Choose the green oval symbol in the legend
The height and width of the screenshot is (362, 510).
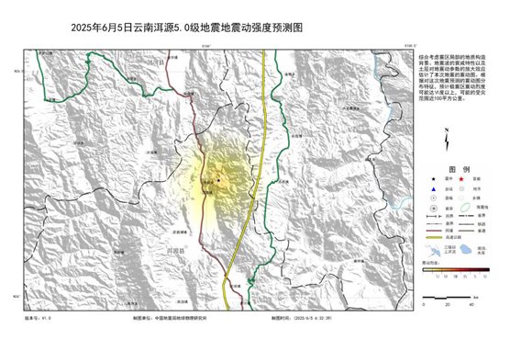(x=467, y=207)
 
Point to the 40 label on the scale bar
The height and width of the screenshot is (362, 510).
(x=472, y=305)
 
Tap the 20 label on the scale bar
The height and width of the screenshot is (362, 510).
(x=447, y=305)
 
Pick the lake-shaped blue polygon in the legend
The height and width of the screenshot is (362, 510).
(x=467, y=249)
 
